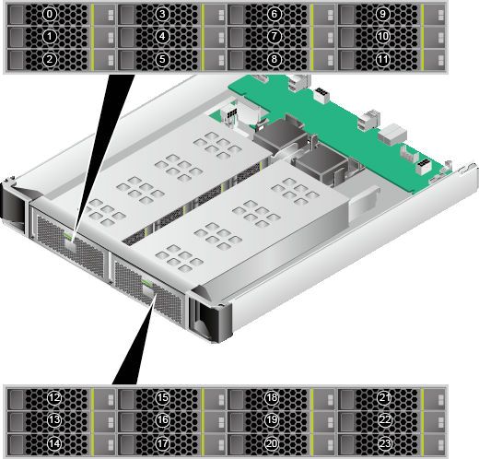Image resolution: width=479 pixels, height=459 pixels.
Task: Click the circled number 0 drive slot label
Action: [x=50, y=14]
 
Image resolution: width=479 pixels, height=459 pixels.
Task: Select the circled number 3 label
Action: [x=162, y=14]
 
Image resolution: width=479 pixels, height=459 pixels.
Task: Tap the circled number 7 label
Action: [x=274, y=37]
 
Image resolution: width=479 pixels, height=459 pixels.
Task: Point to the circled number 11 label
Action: [x=382, y=59]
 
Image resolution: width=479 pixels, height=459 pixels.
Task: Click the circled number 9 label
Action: [x=382, y=14]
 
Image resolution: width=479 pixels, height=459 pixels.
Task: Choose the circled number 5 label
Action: [x=162, y=59]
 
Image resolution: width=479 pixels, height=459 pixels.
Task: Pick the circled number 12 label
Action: [x=54, y=398]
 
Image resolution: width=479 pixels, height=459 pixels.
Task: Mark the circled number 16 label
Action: [x=162, y=420]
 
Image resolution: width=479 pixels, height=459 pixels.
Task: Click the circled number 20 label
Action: [x=272, y=443]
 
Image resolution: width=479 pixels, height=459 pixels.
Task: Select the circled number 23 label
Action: [x=385, y=443]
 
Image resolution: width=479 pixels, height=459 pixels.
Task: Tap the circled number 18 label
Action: [x=272, y=398]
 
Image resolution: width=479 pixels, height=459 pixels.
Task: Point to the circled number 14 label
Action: [x=54, y=443]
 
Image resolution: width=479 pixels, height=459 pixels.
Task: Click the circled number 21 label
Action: [x=384, y=398]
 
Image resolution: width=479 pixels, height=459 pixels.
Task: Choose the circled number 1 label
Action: [x=50, y=37]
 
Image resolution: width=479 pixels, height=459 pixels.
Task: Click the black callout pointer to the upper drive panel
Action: [x=104, y=138]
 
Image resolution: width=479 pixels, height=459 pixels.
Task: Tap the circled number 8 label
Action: [x=274, y=59]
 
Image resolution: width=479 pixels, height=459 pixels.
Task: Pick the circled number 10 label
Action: [x=382, y=37]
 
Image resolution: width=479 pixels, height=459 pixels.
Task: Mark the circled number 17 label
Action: [x=162, y=443]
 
